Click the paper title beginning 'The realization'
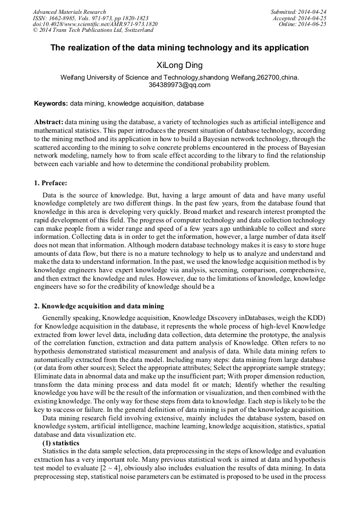tap(179, 48)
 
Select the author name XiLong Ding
tap(179, 65)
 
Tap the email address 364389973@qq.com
tap(179, 85)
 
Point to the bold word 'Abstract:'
tap(49, 122)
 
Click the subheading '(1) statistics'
tap(61, 443)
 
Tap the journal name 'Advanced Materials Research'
tap(69, 12)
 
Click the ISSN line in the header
tap(90, 18)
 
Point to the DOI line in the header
tap(95, 24)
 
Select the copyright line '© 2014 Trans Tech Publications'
tap(93, 31)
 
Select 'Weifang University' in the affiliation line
tap(87, 77)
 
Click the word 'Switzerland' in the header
tap(135, 31)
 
